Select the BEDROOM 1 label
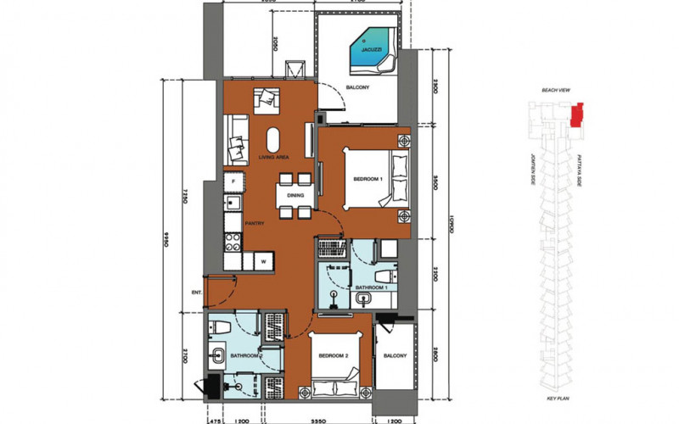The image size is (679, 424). pyautogui.click(x=368, y=178)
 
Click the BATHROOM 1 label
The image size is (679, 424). pyautogui.click(x=370, y=289)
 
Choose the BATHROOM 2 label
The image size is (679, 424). pyautogui.click(x=244, y=357)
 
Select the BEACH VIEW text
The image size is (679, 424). pyautogui.click(x=556, y=89)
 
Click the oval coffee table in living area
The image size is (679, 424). pyautogui.click(x=276, y=140)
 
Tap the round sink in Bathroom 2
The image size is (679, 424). pyautogui.click(x=220, y=355)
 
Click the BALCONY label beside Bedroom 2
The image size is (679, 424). pyautogui.click(x=392, y=356)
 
